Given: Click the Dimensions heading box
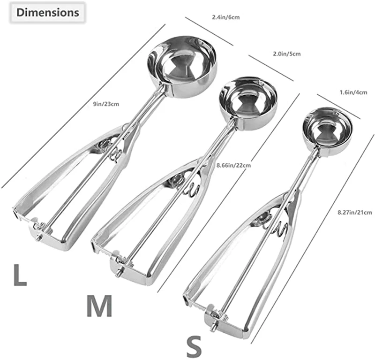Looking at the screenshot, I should (x=48, y=13).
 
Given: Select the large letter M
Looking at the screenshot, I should (x=99, y=306).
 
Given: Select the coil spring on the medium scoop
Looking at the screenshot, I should (x=190, y=186).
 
